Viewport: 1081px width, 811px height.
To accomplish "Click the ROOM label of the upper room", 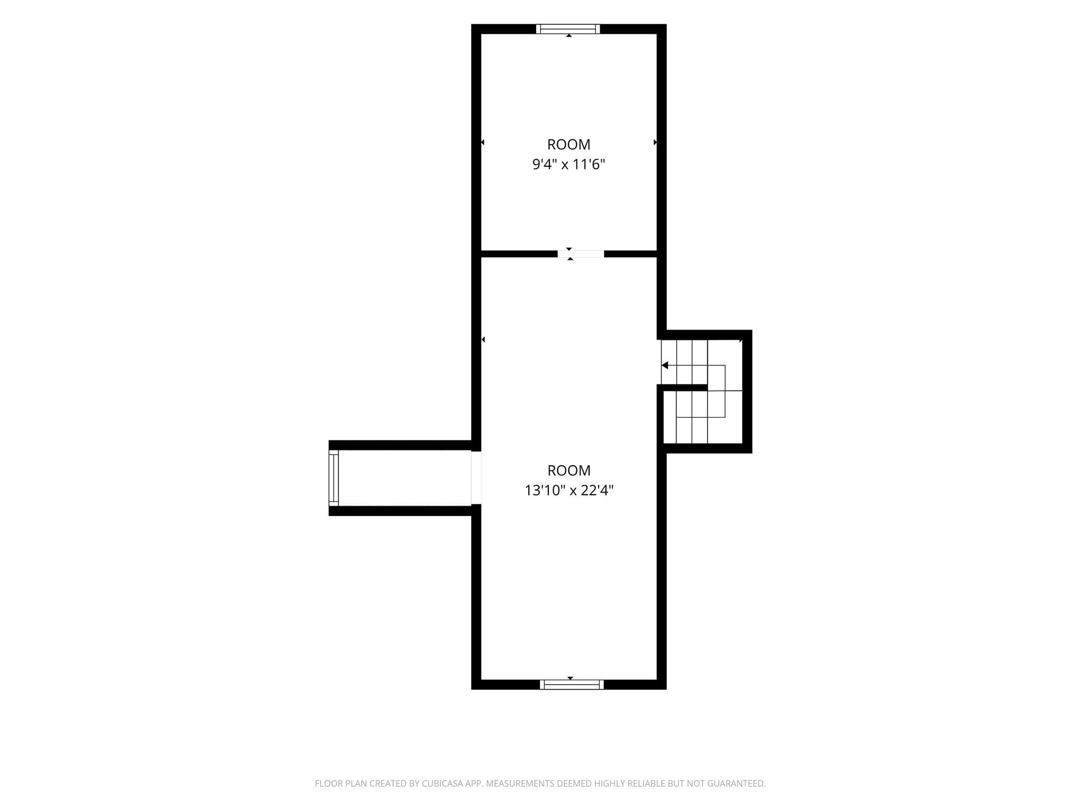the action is tap(568, 144).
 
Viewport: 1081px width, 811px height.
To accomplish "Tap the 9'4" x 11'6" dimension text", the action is tap(568, 164).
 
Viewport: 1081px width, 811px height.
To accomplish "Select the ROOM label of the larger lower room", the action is tap(568, 470).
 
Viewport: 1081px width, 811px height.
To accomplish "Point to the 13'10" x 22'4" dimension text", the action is tap(568, 491).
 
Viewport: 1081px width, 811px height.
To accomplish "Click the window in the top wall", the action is tap(568, 29).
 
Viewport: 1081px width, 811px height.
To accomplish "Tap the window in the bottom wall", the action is tap(572, 684).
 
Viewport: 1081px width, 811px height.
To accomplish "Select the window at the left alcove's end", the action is tap(334, 478).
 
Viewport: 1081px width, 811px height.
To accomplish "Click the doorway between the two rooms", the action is tap(581, 254).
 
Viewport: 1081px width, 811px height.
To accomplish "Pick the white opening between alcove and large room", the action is tap(476, 477).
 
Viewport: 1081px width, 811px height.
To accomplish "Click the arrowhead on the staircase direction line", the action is tap(665, 365).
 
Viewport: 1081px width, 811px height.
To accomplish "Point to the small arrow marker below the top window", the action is tap(568, 35).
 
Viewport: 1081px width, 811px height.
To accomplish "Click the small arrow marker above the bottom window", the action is tap(570, 678).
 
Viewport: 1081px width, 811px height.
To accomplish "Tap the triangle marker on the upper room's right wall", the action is tap(656, 142).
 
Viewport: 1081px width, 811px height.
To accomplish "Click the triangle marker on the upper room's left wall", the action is tap(482, 142).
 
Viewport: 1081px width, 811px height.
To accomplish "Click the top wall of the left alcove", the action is tap(400, 445).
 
